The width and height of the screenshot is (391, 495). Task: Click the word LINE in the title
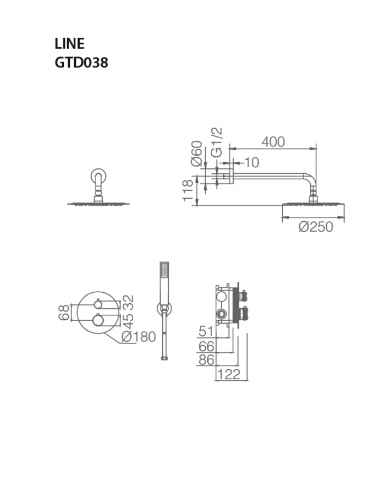coord(69,44)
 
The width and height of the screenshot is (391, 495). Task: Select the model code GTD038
coord(81,62)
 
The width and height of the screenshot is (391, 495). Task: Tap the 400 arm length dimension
coord(273,142)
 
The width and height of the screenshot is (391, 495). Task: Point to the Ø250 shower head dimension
coord(316,227)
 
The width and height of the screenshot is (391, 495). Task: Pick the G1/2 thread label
coord(217,143)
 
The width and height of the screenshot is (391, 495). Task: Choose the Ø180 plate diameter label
coord(139,337)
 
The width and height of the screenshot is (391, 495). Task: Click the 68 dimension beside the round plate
coord(64,313)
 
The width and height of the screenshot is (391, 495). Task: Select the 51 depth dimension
coord(206,331)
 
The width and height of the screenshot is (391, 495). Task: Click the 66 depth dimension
coord(206,345)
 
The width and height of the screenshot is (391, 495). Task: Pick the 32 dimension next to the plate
coord(129,302)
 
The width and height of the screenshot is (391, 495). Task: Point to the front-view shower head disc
coord(98,203)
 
